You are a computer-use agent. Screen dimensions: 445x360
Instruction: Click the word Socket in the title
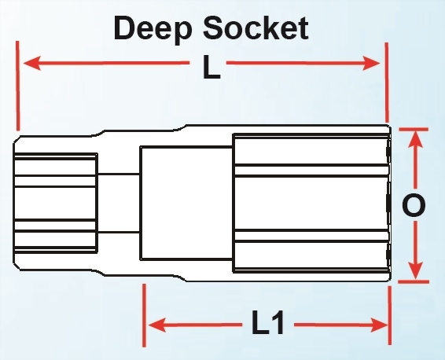pyautogui.click(x=256, y=28)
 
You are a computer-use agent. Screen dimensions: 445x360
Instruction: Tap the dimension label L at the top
pyautogui.click(x=211, y=67)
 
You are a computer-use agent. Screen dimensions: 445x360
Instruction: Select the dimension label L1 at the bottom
pyautogui.click(x=267, y=322)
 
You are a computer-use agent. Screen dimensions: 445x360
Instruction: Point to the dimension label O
pyautogui.click(x=414, y=205)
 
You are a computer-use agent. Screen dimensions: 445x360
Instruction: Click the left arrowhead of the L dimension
pyautogui.click(x=31, y=63)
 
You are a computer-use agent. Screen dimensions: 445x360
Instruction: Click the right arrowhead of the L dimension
pyautogui.click(x=371, y=63)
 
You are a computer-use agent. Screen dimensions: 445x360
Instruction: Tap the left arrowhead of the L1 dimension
pyautogui.click(x=157, y=325)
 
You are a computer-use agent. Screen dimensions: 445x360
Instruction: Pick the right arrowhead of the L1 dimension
pyautogui.click(x=379, y=325)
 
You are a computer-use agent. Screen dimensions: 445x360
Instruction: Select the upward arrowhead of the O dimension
pyautogui.click(x=416, y=139)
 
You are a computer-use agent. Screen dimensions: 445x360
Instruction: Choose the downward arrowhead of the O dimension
pyautogui.click(x=416, y=270)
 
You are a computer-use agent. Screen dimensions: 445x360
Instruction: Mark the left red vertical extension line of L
pyautogui.click(x=18, y=86)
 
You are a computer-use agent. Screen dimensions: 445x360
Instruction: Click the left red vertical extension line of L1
pyautogui.click(x=144, y=315)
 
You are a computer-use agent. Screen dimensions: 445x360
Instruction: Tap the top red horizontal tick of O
pyautogui.click(x=414, y=130)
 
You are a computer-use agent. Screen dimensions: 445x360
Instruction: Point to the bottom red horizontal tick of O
pyautogui.click(x=414, y=281)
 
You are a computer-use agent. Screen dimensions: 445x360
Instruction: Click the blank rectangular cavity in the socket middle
pyautogui.click(x=186, y=203)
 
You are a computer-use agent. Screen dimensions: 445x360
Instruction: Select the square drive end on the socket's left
pyautogui.click(x=56, y=203)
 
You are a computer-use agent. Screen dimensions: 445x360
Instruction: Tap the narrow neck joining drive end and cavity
pyautogui.click(x=119, y=203)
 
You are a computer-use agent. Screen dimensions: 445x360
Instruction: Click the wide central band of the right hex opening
pyautogui.click(x=311, y=203)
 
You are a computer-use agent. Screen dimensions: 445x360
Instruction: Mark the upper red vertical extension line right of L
pyautogui.click(x=387, y=83)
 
